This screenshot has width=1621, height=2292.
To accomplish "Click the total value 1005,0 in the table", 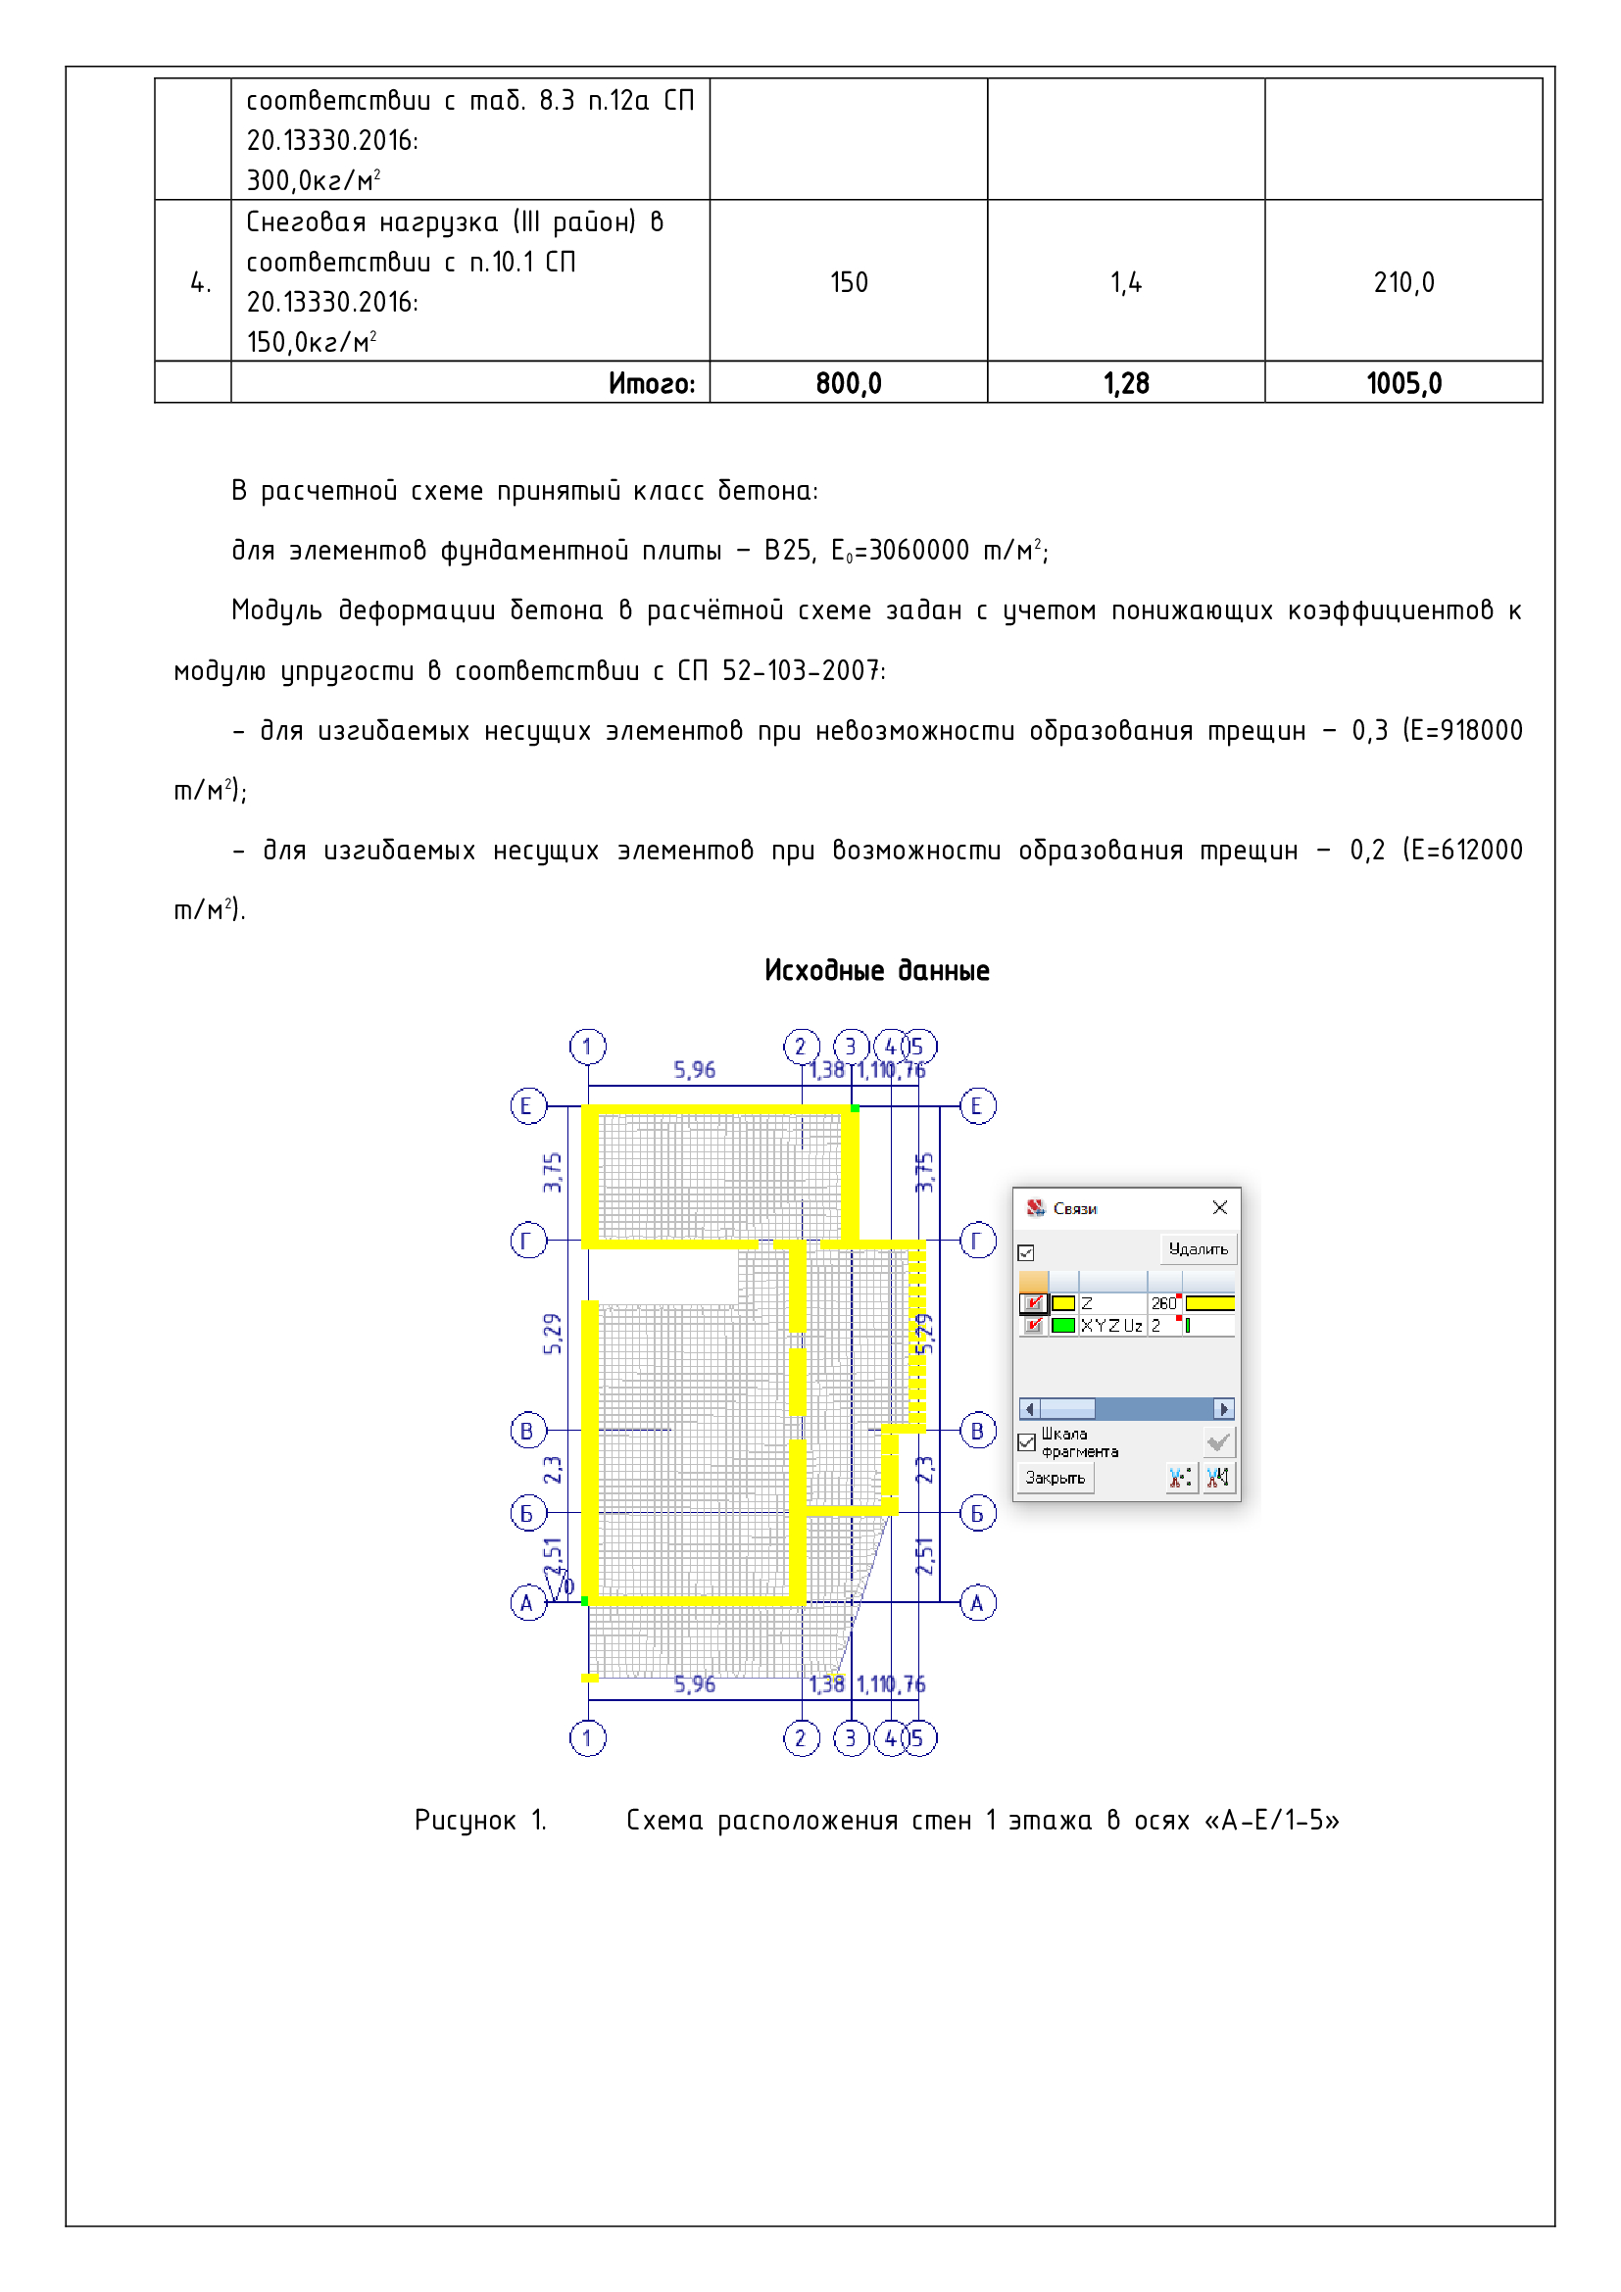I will coord(1403,383).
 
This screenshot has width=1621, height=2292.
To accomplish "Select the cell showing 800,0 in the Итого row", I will coord(849,383).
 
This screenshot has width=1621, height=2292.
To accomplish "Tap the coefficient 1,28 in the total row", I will coord(1126,383).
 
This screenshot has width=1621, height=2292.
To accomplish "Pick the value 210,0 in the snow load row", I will coord(1403,282).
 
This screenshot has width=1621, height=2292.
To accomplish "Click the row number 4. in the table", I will coord(200,282).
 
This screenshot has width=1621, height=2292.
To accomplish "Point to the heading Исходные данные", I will coord(876,970).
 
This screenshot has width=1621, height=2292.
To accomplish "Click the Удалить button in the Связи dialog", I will coord(1198,1248).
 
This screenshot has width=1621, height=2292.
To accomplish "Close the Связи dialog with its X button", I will coord(1220,1208).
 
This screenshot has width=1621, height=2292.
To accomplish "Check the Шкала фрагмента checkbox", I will coord(1026,1442).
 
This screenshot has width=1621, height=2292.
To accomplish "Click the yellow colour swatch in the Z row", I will coord(1063,1303).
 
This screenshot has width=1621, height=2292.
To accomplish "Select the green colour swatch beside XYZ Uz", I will coord(1063,1326).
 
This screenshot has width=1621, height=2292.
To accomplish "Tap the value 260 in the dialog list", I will coord(1163,1303).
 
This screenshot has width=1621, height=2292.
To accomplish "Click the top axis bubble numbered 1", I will coord(587,1047).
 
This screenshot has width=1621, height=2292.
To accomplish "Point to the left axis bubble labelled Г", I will coord(528,1241).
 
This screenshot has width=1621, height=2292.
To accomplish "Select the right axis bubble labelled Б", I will coord(977,1513).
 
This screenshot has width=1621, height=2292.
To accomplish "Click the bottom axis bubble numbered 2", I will coord(801,1738).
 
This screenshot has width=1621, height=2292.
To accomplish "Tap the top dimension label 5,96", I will coord(694,1070).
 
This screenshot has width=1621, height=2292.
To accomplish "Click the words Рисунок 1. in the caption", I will coord(480,1821).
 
